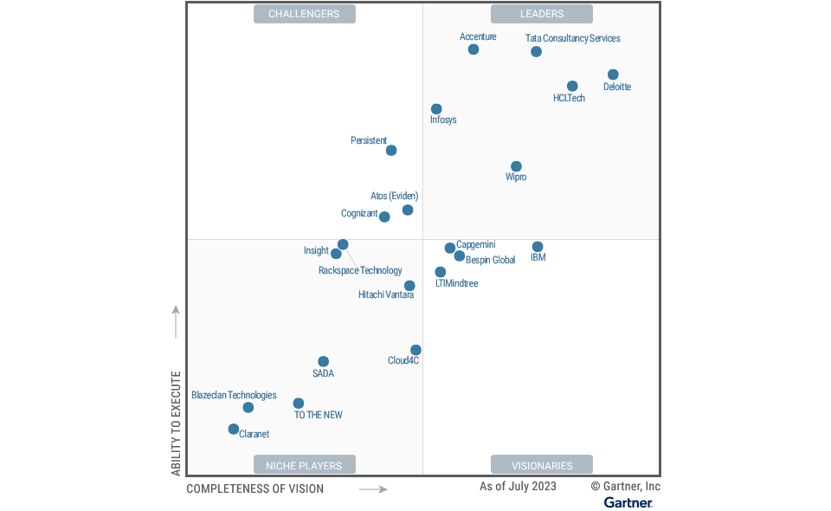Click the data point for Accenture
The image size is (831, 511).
click(473, 49)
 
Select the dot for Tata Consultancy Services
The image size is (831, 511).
click(537, 52)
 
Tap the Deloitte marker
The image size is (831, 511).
click(613, 74)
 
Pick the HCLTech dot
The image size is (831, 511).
click(572, 86)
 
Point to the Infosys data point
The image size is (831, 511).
click(436, 109)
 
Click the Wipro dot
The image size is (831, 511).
click(516, 166)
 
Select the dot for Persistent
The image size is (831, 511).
click(391, 151)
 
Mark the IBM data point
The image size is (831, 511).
click(538, 247)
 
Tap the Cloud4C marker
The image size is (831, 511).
click(415, 350)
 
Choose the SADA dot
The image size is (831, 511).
click(324, 362)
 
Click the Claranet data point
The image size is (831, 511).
click(234, 429)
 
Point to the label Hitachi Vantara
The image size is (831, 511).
click(386, 294)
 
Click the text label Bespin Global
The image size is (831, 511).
click(491, 260)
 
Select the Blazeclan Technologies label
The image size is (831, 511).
click(234, 395)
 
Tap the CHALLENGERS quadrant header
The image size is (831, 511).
click(304, 14)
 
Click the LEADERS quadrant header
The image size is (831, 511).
click(542, 14)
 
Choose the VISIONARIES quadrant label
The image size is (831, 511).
click(542, 465)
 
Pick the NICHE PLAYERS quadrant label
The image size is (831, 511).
click(304, 465)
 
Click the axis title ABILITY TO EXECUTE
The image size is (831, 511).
click(176, 424)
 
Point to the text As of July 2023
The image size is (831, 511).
click(518, 487)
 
